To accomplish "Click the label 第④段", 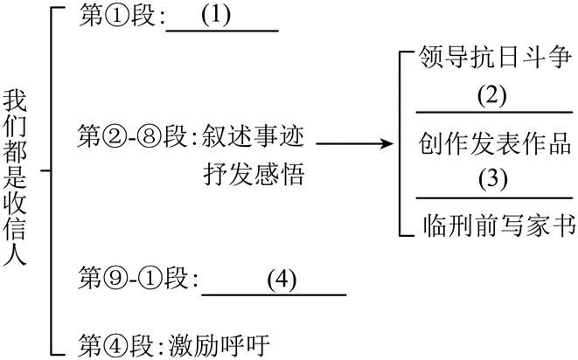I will pos(117,340).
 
